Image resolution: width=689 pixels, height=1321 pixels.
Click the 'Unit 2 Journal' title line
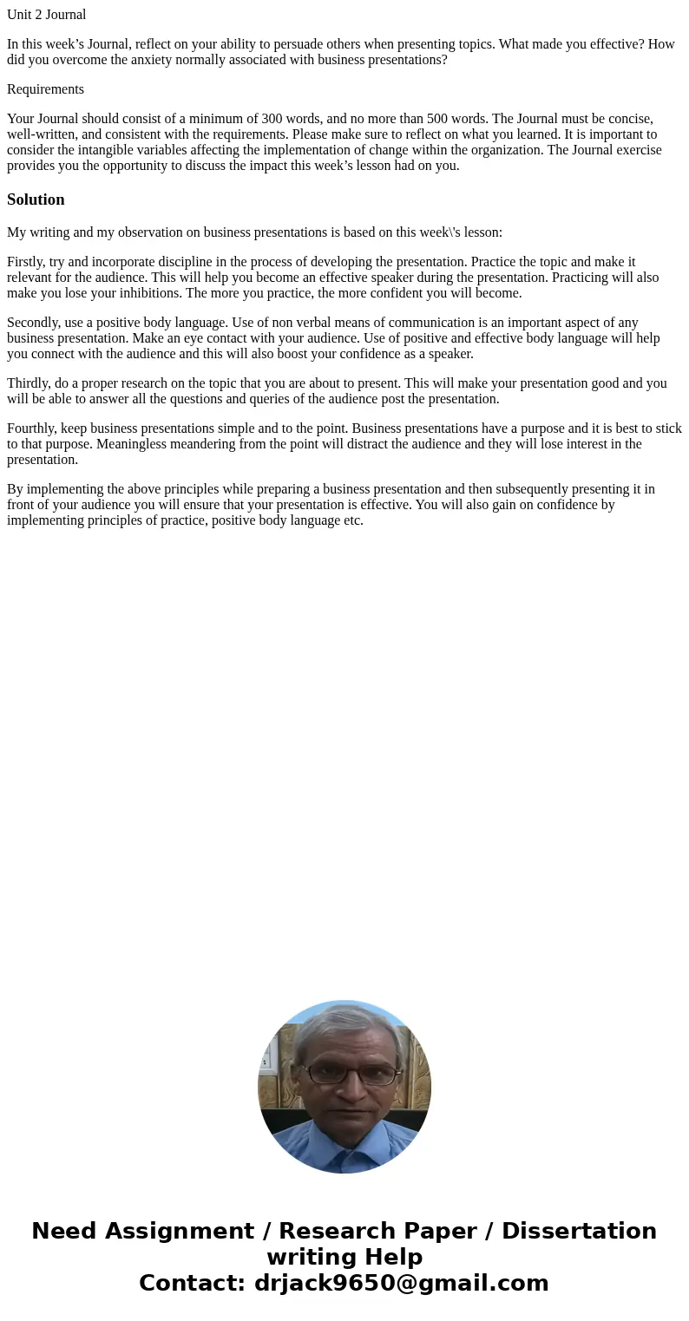pos(47,15)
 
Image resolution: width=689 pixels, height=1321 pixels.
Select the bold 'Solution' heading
pos(36,199)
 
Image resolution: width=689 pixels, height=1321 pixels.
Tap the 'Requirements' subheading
pos(45,89)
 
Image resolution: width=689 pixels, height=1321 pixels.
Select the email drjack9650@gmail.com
pos(401,1283)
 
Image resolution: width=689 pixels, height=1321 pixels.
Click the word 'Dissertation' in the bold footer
pos(579,1231)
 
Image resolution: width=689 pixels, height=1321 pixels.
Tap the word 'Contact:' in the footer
pos(193,1283)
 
